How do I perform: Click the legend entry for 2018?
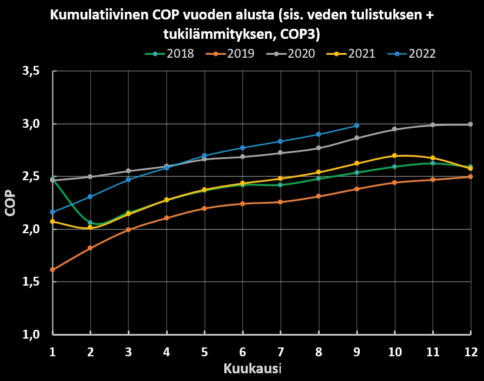click(x=171, y=54)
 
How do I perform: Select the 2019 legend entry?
click(x=231, y=54)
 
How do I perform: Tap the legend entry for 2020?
click(x=293, y=54)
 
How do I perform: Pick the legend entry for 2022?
click(x=414, y=54)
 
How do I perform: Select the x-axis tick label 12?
click(x=470, y=351)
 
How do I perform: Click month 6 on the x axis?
click(x=242, y=351)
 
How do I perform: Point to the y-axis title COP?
click(x=10, y=203)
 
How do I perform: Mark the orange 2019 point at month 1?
click(x=52, y=270)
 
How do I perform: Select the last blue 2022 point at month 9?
click(x=357, y=125)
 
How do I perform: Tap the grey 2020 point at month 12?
click(x=470, y=124)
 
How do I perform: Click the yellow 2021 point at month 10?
click(x=395, y=155)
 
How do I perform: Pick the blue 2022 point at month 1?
click(x=52, y=212)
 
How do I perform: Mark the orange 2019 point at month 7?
click(x=280, y=202)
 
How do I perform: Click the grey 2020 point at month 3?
click(x=128, y=171)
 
